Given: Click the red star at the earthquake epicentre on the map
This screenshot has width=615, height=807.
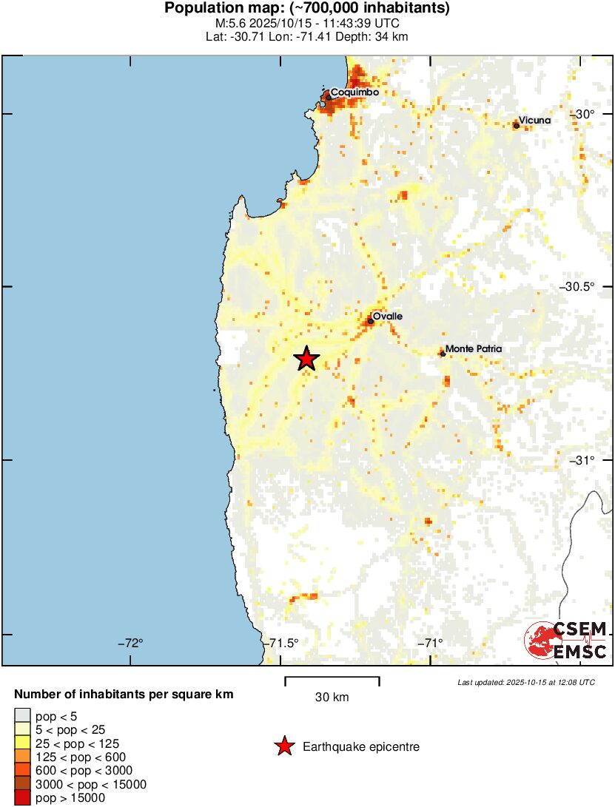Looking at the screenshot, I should pos(306,359).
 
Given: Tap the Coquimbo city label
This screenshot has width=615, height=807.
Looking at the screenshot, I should pos(354,92).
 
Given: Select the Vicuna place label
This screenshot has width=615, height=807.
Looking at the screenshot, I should pos(534,119).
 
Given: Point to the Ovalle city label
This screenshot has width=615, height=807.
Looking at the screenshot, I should pos(387,316).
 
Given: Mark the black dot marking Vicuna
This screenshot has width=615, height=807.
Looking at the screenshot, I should pos(516,126).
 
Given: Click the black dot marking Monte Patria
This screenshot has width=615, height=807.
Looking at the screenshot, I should pos(443,354).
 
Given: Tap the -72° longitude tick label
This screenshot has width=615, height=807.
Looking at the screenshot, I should pos(130,642).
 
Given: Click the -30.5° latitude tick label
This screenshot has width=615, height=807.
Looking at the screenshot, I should pos(588,287).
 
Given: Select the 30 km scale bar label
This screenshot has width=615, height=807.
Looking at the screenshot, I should pos(332,697).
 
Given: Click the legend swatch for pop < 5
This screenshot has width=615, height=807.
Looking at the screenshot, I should pos(23,715).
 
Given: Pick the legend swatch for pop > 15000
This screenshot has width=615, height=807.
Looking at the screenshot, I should pos(23,798).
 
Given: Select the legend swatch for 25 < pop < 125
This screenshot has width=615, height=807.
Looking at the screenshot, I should pos(23,743).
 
